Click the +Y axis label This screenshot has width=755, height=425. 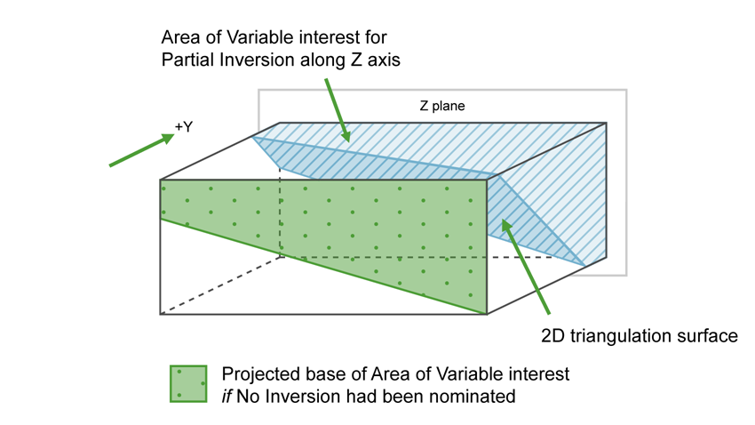(184, 127)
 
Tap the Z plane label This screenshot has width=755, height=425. (442, 106)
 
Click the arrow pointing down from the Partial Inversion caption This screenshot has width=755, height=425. (338, 110)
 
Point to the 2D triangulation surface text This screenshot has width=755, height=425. (640, 336)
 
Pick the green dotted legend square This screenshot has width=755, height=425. (188, 383)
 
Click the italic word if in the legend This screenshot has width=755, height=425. (226, 397)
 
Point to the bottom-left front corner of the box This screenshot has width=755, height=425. (160, 314)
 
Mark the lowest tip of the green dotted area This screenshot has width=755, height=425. (486, 313)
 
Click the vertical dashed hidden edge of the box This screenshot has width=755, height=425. (281, 213)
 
